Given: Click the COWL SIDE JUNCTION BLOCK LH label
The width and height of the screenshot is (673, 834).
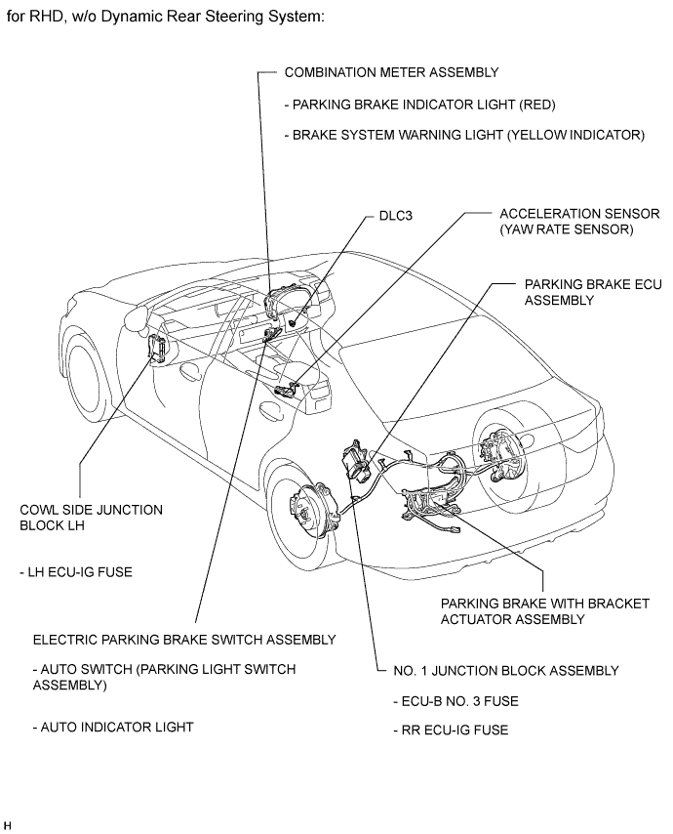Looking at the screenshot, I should coord(91,518).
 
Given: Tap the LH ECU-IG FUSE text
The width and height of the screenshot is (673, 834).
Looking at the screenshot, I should coord(75,572).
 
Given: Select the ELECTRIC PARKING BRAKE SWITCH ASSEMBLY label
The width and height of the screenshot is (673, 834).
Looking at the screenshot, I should coord(184,640).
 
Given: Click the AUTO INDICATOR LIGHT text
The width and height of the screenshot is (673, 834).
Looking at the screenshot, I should coord(113,727).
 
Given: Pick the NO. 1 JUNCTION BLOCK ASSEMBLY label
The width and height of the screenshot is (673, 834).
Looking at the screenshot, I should coord(506,670).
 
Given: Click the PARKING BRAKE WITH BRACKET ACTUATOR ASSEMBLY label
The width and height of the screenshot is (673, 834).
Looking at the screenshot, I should coord(544,611).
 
